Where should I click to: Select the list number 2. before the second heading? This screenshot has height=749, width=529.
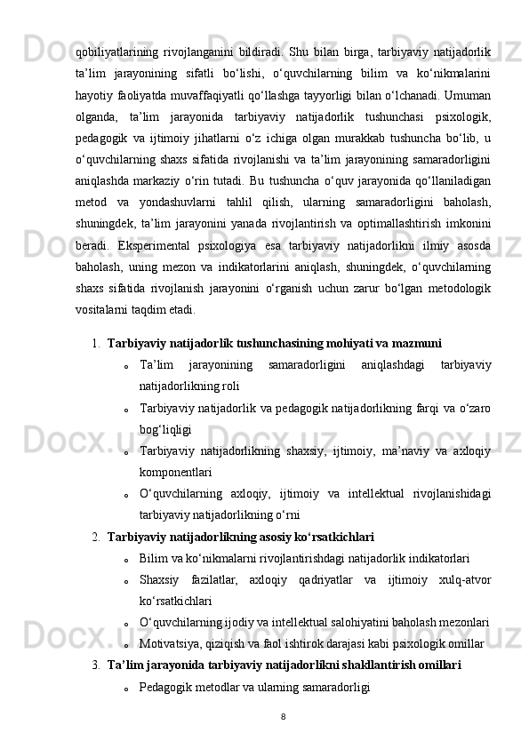coord(95,537)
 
